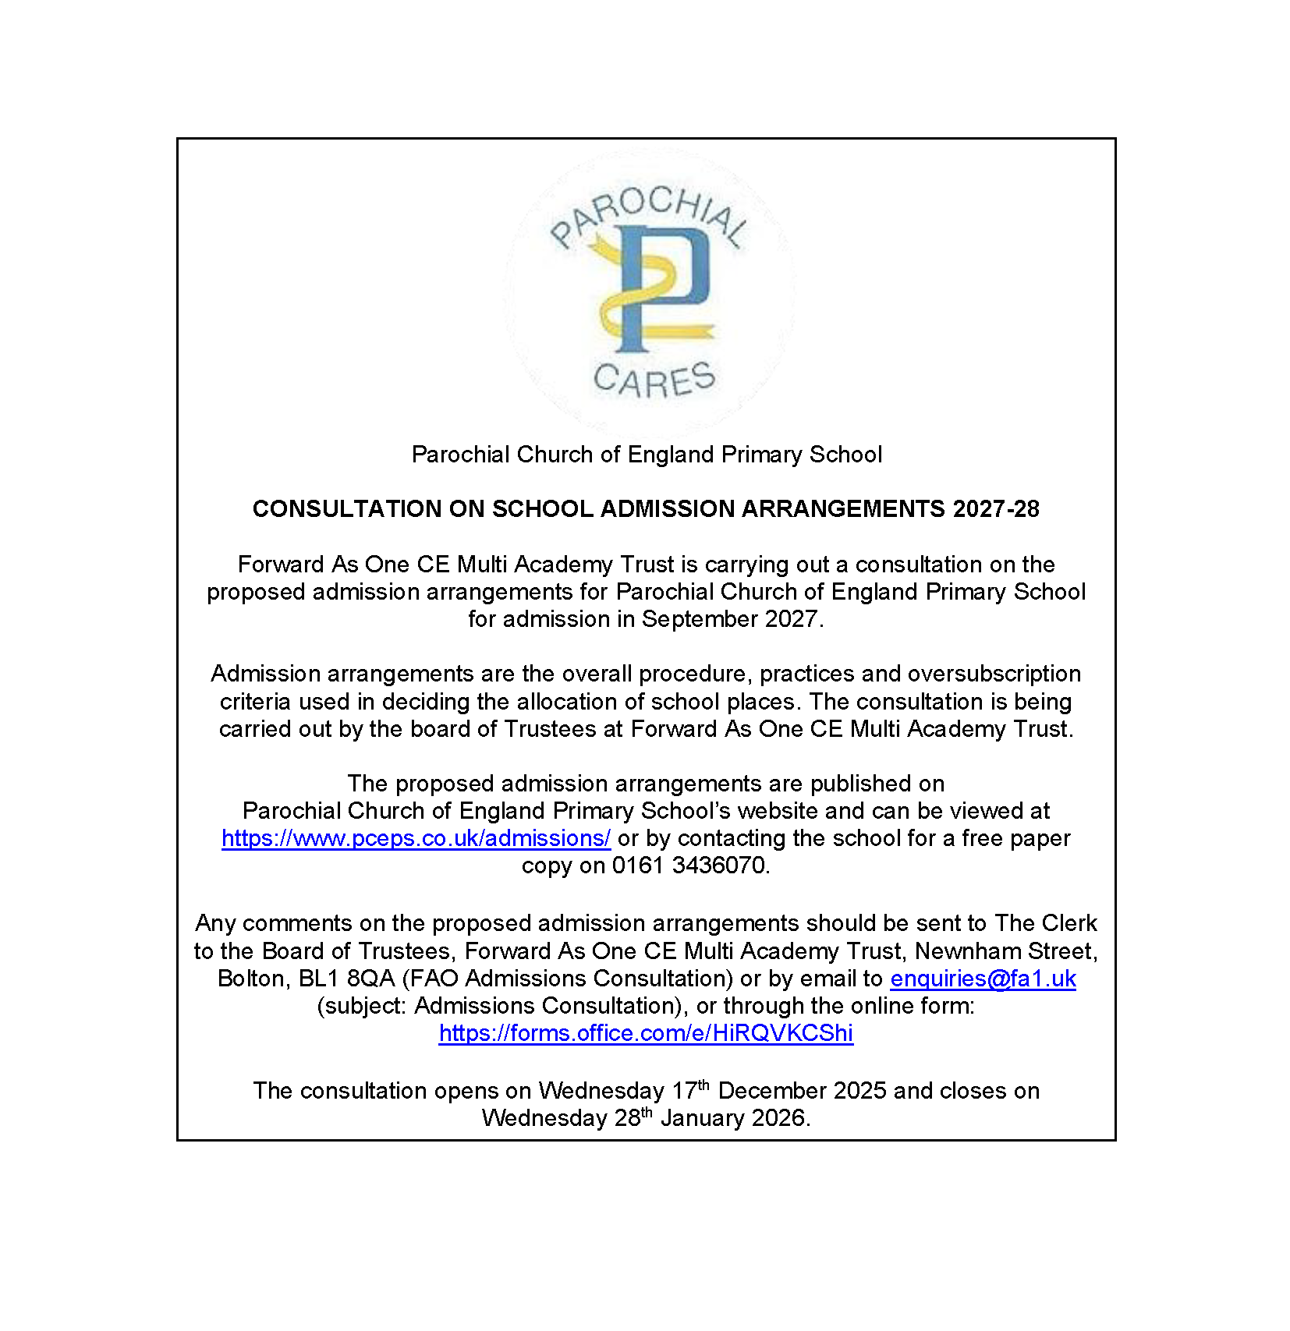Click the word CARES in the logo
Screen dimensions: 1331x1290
point(654,380)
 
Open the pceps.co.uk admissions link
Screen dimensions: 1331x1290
point(416,838)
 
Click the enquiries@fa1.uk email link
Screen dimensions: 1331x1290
point(983,979)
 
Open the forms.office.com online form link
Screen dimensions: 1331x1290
point(646,1033)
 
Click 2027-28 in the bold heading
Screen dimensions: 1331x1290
point(996,509)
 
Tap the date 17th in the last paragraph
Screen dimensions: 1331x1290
point(690,1090)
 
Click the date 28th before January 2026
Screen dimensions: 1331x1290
point(633,1117)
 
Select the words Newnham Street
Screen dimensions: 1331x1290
point(1006,951)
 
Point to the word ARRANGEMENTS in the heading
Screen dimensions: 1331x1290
point(843,509)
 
